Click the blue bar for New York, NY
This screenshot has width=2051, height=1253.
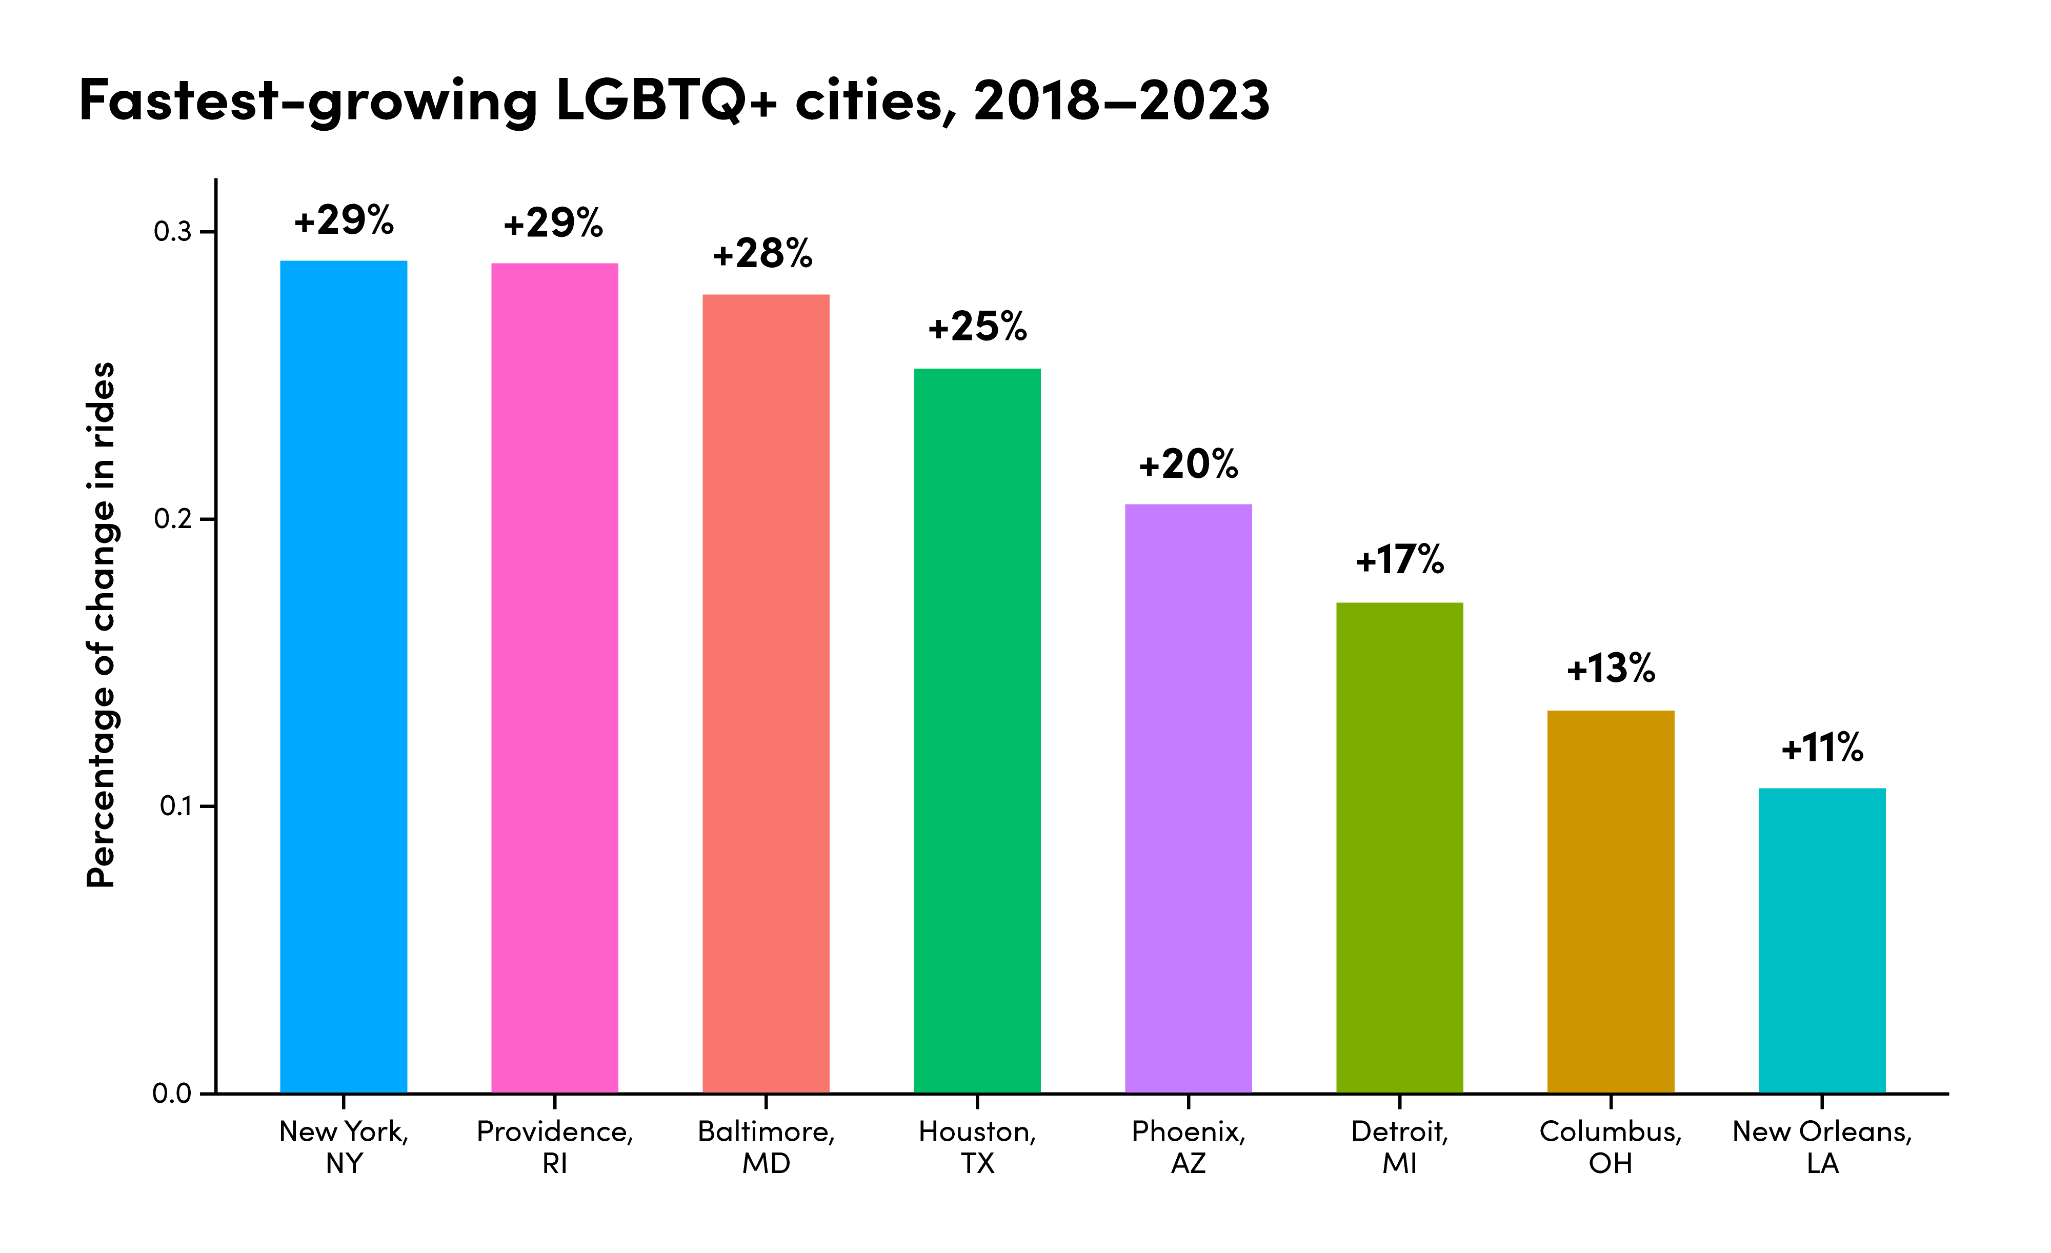(343, 676)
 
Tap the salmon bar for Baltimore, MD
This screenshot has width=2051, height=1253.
(766, 693)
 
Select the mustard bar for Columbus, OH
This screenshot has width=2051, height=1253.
(1611, 901)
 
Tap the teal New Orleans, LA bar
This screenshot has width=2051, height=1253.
(1822, 940)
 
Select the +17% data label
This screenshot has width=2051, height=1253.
(1399, 559)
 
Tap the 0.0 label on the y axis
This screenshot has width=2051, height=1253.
(171, 1093)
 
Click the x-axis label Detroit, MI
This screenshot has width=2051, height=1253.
(1399, 1146)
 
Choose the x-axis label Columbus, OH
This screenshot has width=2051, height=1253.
(1611, 1146)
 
